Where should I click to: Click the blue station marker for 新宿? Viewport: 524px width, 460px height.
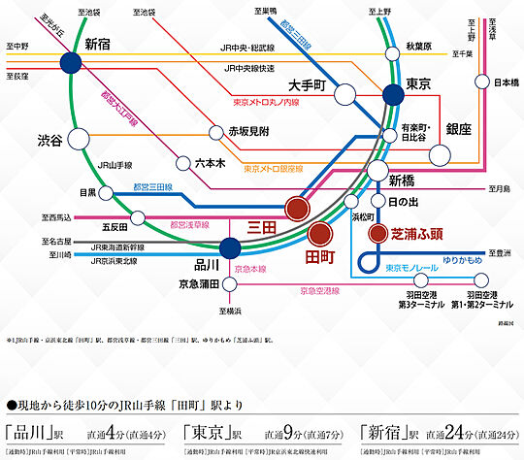click(70, 64)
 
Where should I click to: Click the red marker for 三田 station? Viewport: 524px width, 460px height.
click(298, 208)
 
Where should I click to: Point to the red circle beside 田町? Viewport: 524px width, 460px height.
click(320, 234)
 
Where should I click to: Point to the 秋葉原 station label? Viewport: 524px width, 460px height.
click(418, 47)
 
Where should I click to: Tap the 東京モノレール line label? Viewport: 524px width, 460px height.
click(411, 267)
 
